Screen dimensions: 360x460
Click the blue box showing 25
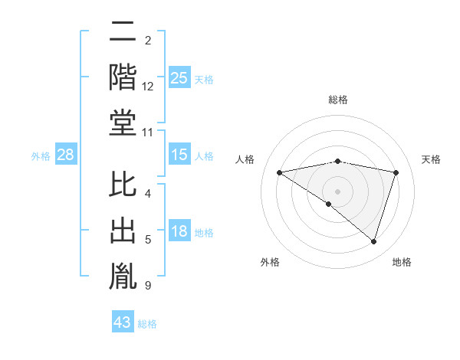click(179, 77)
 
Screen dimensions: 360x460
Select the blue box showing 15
click(179, 155)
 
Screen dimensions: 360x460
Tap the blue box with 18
click(179, 231)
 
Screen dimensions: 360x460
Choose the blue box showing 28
click(65, 155)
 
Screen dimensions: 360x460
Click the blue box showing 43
click(122, 322)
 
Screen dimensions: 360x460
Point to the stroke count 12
click(148, 87)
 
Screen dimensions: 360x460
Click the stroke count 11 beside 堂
click(148, 132)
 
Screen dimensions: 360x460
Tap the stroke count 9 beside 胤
click(147, 286)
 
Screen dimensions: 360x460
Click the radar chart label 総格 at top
click(337, 100)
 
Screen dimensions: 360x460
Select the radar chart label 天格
click(432, 159)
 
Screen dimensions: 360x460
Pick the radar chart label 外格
click(270, 262)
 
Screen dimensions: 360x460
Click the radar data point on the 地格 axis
click(373, 241)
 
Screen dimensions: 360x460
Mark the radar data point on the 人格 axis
click(279, 172)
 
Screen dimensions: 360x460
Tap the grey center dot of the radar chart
click(337, 191)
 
